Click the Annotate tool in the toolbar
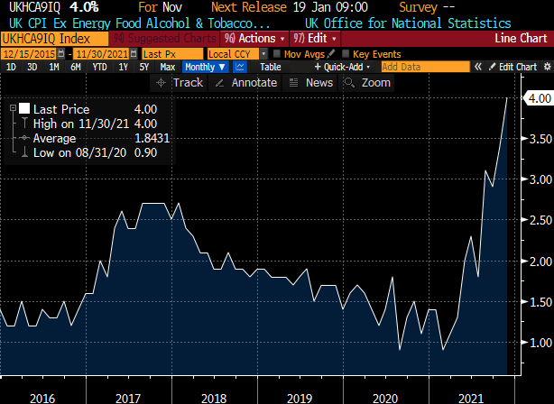tap(249, 82)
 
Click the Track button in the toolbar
tap(180, 82)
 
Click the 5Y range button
tap(143, 67)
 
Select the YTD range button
tap(98, 67)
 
